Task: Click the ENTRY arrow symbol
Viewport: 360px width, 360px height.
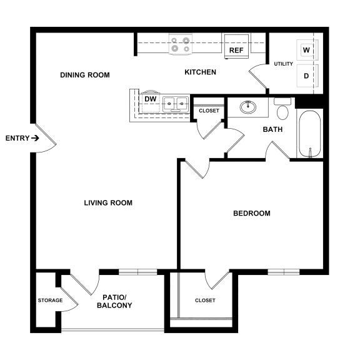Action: click(36, 138)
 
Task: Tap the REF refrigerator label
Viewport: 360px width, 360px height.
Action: click(236, 50)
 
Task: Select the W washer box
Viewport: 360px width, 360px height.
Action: click(306, 49)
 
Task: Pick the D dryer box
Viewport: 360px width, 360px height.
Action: click(306, 76)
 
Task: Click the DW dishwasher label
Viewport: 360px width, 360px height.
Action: click(150, 99)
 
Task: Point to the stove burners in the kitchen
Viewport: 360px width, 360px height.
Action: click(180, 44)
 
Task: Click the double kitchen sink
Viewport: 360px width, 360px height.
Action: click(176, 103)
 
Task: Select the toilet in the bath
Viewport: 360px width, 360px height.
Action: click(282, 109)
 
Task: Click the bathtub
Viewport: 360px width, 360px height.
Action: click(309, 134)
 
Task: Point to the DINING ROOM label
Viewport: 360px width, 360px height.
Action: click(84, 75)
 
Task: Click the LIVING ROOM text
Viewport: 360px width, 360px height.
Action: click(108, 202)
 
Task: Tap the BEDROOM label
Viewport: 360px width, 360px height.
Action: click(251, 213)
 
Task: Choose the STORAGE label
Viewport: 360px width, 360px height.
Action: click(50, 301)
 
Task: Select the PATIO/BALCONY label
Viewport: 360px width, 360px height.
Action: click(114, 301)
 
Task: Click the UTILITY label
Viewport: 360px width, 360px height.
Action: click(284, 64)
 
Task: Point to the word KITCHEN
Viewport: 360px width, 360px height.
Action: click(200, 72)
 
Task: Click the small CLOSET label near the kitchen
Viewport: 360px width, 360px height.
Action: click(209, 111)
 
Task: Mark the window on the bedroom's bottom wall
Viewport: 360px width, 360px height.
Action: click(284, 272)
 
